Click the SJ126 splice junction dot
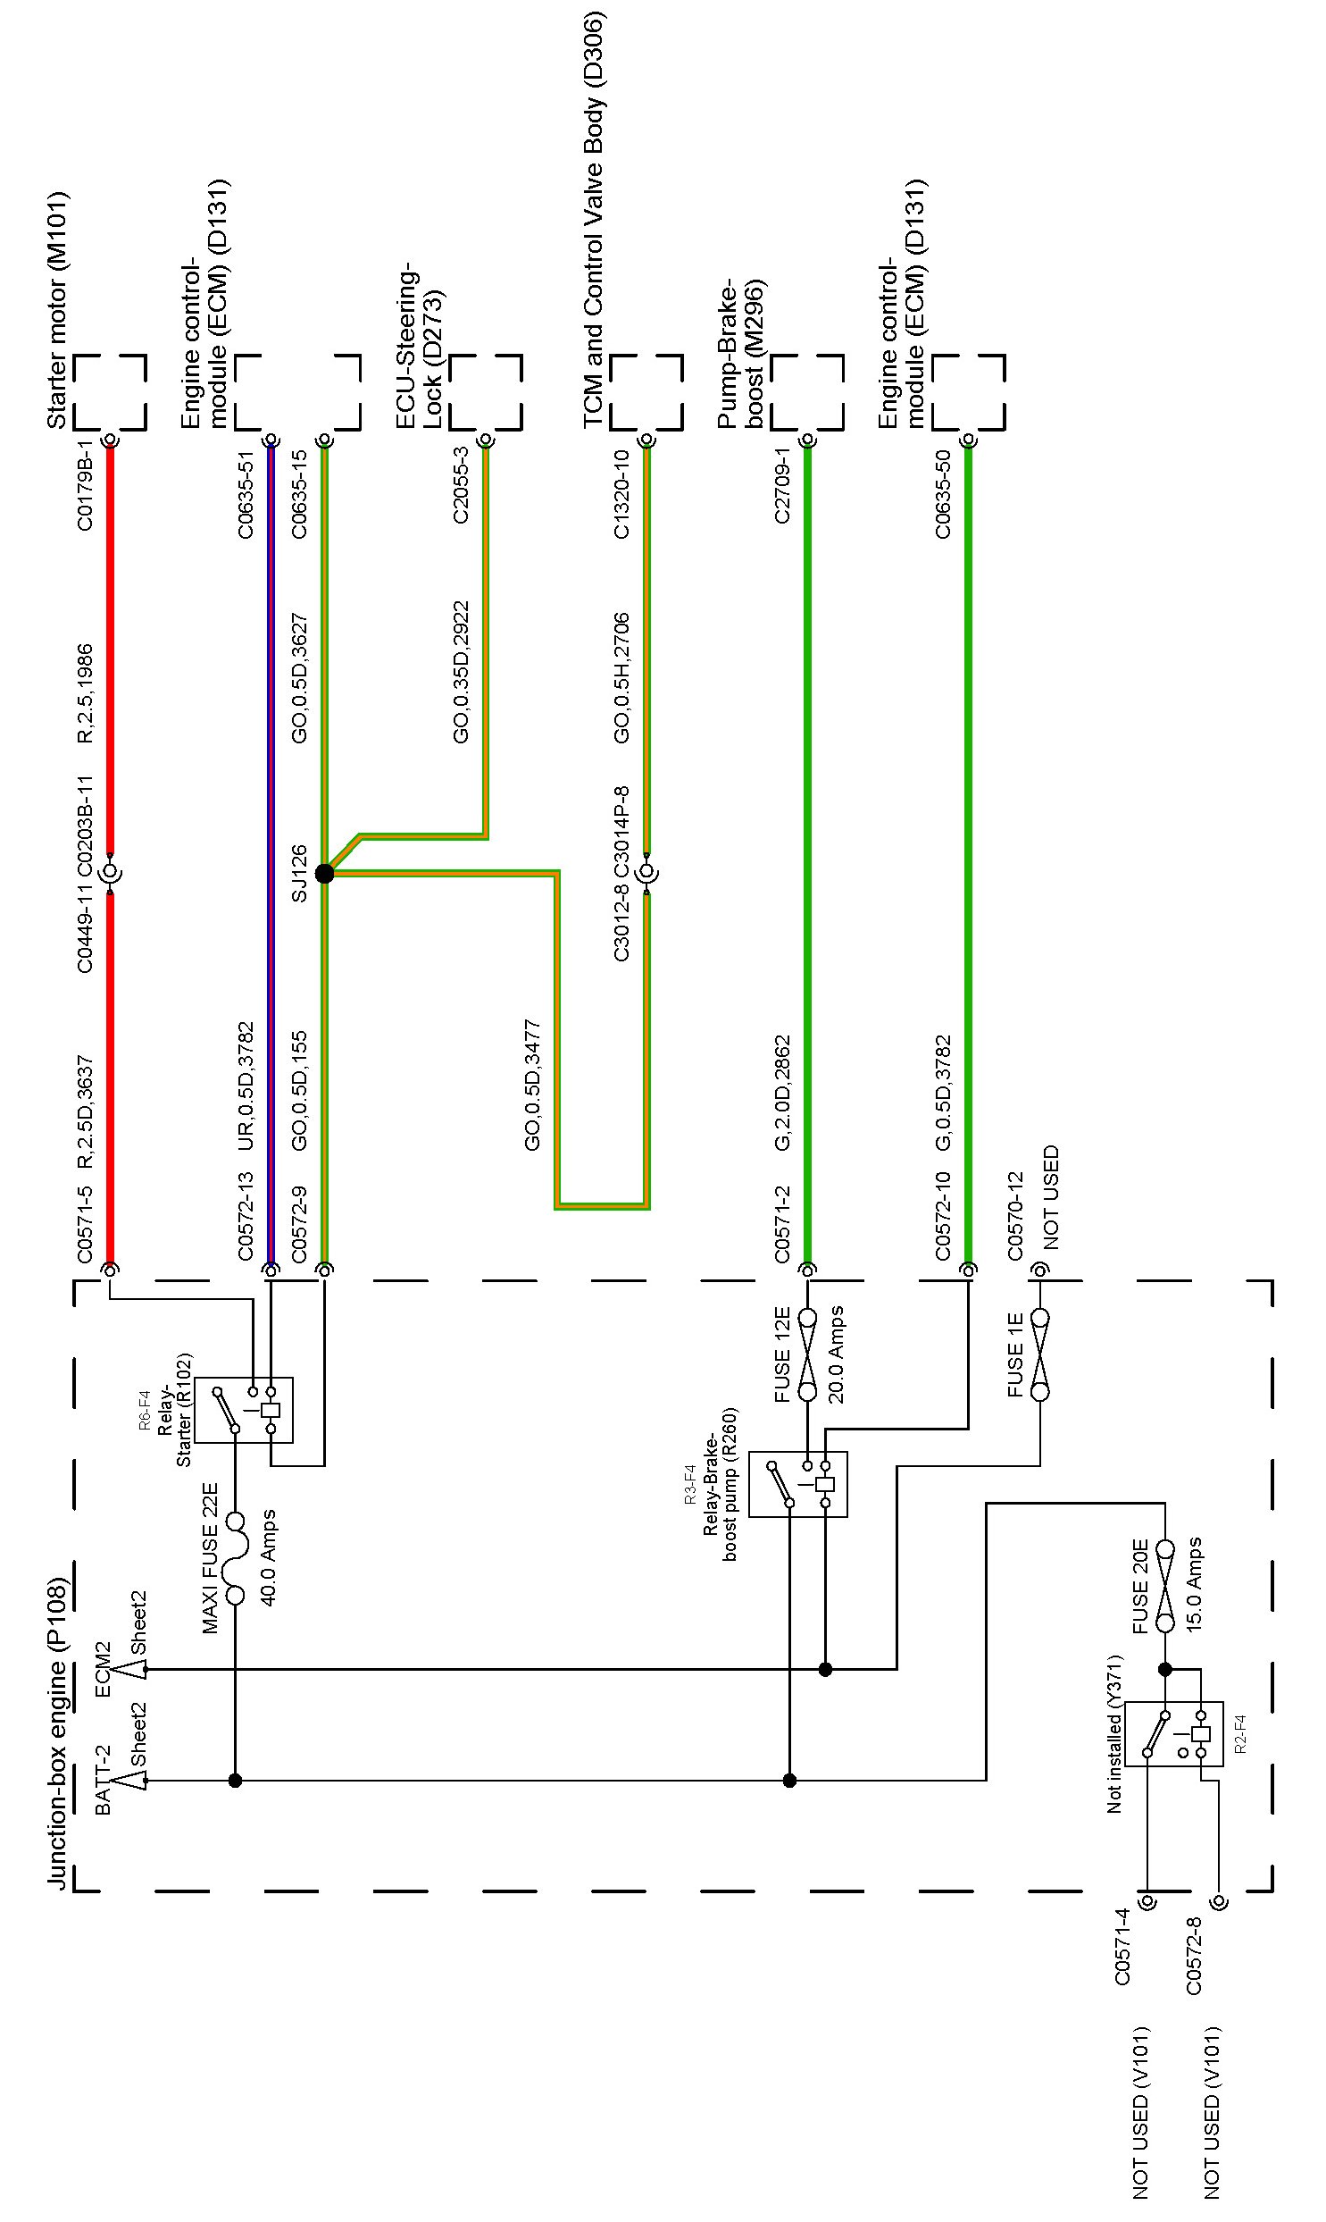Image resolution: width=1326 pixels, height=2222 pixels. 324,873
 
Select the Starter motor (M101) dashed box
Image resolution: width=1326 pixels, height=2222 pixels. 109,393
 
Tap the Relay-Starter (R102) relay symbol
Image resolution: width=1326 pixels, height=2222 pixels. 244,1410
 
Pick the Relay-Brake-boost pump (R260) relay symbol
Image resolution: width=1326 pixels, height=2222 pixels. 798,1485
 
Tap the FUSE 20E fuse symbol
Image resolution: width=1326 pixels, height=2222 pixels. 1164,1586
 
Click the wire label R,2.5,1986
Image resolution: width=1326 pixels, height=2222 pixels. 85,693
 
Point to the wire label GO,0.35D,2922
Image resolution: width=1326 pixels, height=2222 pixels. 461,672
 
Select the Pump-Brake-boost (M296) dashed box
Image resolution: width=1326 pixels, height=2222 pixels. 807,393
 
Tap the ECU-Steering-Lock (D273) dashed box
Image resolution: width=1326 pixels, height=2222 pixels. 485,393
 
